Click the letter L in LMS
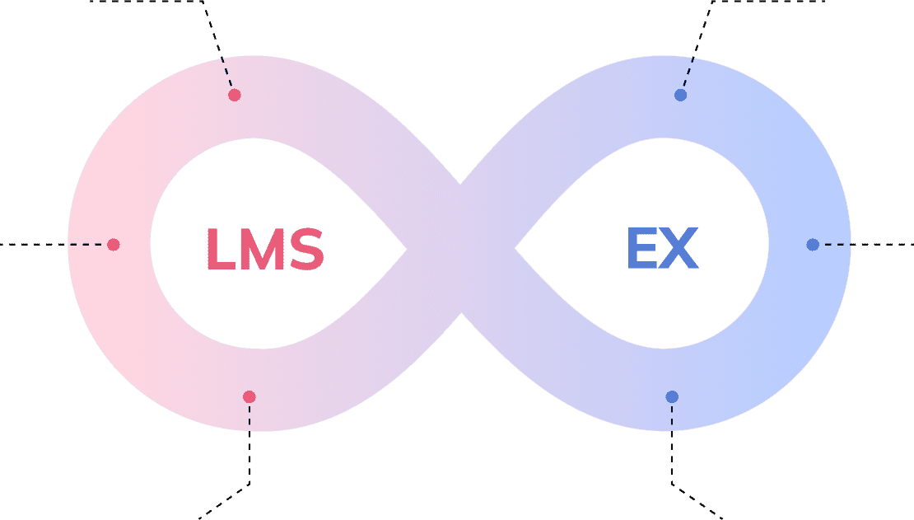point(221,249)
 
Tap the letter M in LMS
point(263,249)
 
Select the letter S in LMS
point(306,249)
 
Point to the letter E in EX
point(641,248)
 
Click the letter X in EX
point(679,248)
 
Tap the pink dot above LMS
point(235,95)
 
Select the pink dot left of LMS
point(114,245)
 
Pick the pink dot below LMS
point(249,397)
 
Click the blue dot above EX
point(680,95)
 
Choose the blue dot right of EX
point(813,245)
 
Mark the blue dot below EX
point(672,397)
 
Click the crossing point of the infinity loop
point(460,249)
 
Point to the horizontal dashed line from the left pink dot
point(54,245)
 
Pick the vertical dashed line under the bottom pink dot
point(249,443)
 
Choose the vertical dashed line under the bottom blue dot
point(672,443)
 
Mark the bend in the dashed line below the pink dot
point(249,484)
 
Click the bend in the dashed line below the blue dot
point(672,484)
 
